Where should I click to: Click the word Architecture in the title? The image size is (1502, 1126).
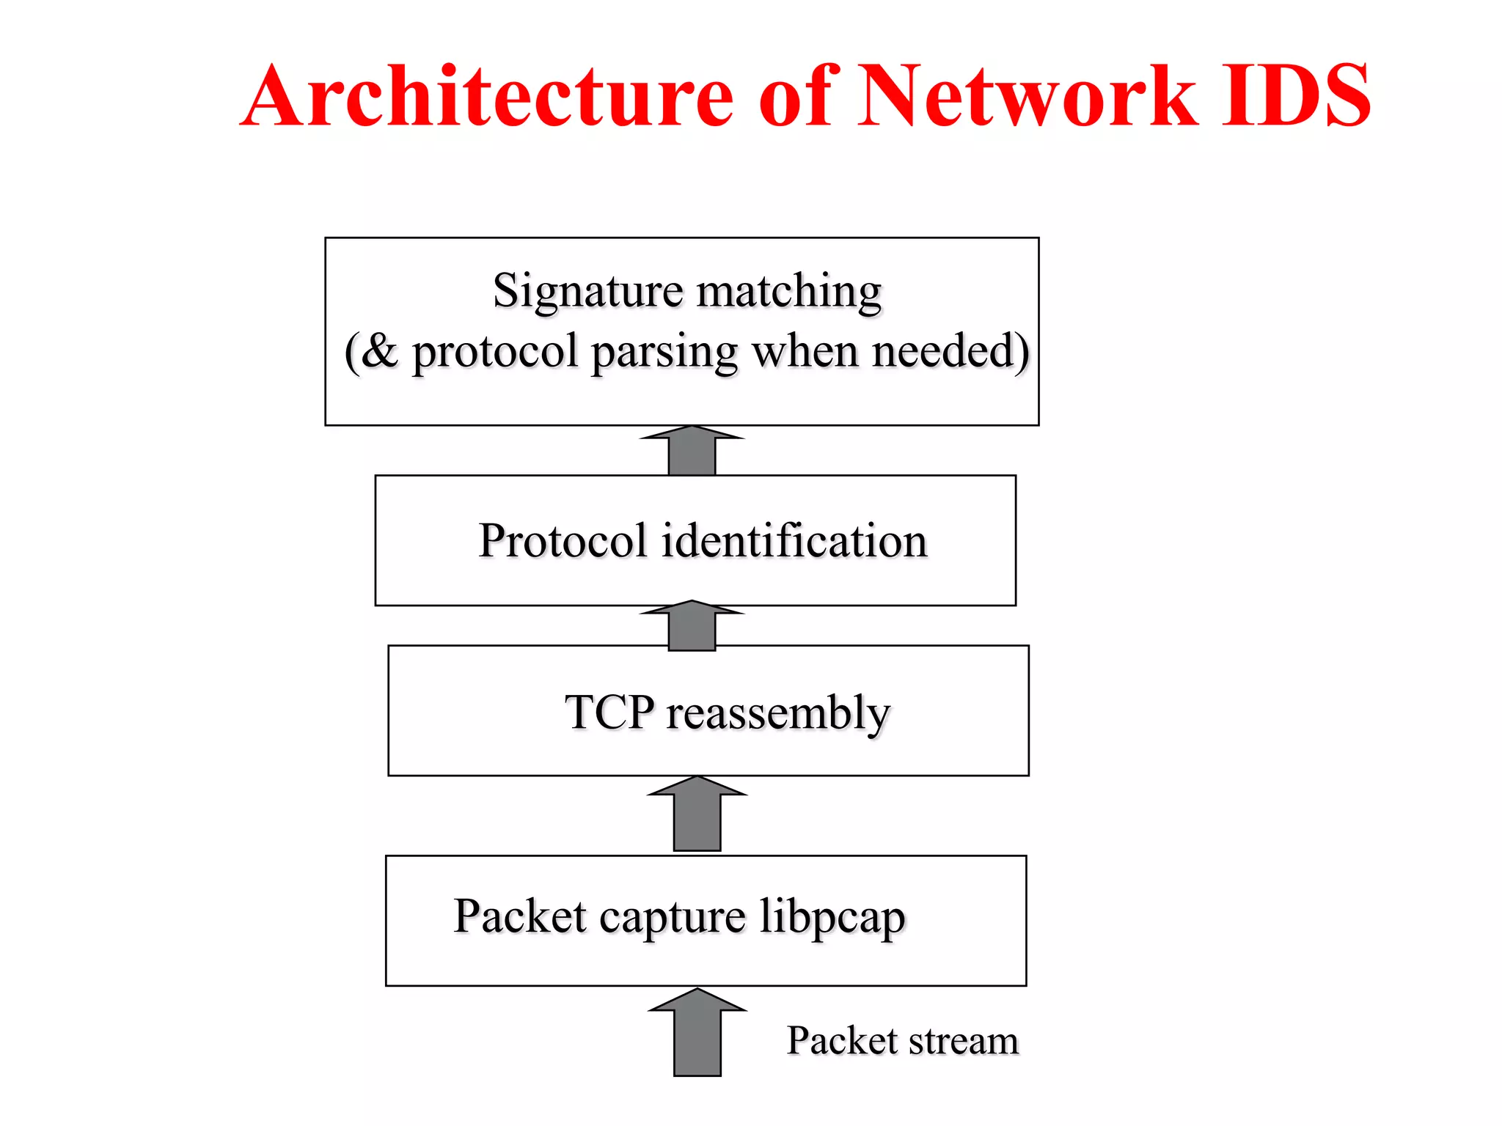[488, 96]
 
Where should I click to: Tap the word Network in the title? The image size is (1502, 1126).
[1027, 96]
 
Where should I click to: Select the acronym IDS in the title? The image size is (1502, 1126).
[1295, 96]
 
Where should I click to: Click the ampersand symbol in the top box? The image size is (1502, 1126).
[380, 351]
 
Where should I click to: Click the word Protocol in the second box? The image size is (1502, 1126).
[562, 541]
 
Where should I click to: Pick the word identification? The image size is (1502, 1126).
[794, 541]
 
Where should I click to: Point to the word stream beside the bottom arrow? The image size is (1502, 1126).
[963, 1041]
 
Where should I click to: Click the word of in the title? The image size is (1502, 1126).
[795, 96]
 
